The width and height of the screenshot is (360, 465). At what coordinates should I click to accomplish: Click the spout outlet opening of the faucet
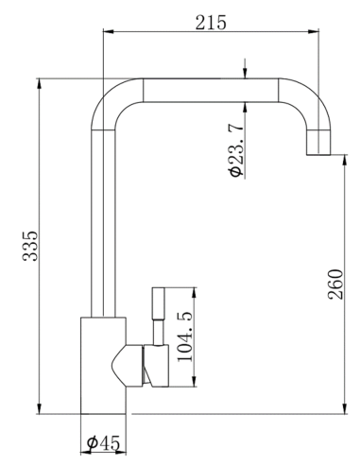coord(320,153)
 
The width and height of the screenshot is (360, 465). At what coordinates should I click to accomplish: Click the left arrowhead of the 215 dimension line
coord(105,33)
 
